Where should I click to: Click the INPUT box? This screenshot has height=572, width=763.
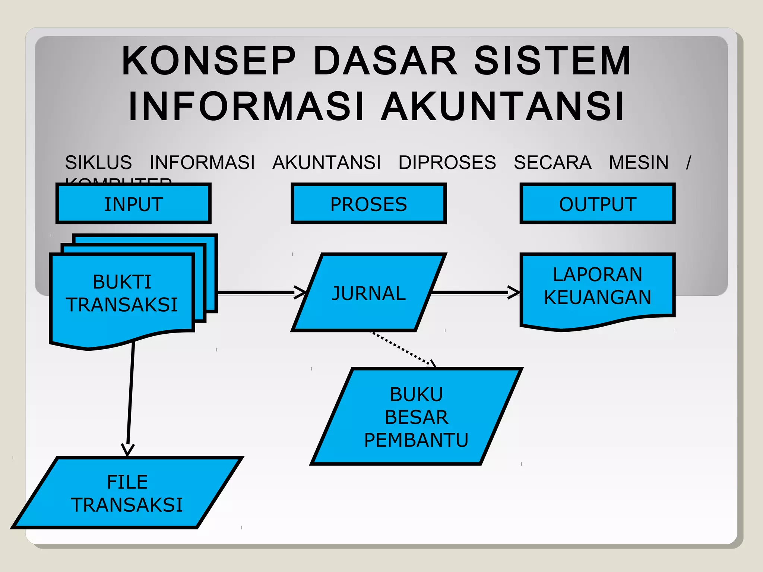(133, 204)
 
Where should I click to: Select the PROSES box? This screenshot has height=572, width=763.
(368, 204)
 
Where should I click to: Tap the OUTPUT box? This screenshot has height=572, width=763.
(597, 204)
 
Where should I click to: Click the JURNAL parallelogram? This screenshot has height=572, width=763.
(368, 293)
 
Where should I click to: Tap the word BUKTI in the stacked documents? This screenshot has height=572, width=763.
(122, 282)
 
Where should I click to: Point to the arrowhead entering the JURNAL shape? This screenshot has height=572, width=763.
(300, 292)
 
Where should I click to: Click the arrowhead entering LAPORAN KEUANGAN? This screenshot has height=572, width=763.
(514, 292)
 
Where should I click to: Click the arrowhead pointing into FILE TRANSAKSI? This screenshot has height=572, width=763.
(128, 449)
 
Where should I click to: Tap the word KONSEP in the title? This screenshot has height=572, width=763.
(209, 61)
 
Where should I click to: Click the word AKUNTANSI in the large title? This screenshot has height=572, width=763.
(503, 107)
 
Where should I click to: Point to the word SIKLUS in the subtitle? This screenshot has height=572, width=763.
(98, 162)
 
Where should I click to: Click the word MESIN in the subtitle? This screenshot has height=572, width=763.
(639, 162)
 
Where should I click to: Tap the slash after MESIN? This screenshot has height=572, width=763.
(688, 163)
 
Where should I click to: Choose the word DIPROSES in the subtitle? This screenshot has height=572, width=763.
(447, 162)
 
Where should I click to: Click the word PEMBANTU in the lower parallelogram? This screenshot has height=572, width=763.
(416, 440)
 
